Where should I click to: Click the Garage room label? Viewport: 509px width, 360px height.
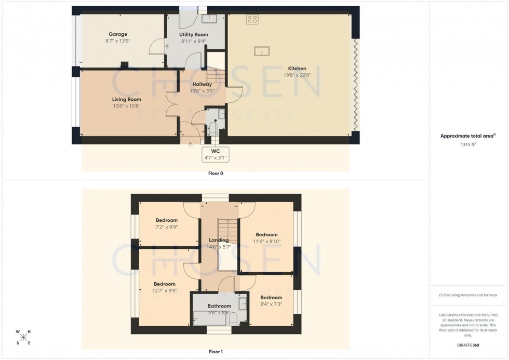click(x=118, y=34)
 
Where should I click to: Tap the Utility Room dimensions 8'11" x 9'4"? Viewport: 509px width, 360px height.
click(x=193, y=41)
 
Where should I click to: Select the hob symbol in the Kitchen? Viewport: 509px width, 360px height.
click(x=253, y=20)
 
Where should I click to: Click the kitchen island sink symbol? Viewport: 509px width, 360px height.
click(x=261, y=51)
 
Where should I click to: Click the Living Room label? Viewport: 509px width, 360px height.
click(x=126, y=99)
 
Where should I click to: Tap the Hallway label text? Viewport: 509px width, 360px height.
click(x=202, y=84)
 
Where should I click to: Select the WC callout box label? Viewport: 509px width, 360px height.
click(x=216, y=151)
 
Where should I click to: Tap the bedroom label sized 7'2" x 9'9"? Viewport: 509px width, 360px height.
click(x=166, y=220)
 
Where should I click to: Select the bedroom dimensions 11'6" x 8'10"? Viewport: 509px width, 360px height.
click(x=266, y=242)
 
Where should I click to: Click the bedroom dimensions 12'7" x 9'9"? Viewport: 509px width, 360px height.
click(x=164, y=291)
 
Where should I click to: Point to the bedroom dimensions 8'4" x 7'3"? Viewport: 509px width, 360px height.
click(x=271, y=304)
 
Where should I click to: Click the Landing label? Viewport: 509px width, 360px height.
click(x=219, y=240)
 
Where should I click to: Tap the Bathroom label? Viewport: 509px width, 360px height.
click(x=219, y=306)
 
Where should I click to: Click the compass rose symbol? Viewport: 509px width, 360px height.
click(x=23, y=337)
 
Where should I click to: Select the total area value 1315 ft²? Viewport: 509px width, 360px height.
click(x=465, y=145)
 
